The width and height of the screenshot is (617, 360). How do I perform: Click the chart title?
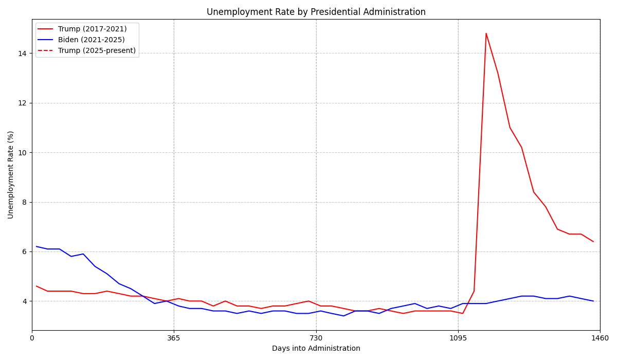tap(316, 12)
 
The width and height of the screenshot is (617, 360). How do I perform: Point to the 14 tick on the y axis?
tap(23, 53)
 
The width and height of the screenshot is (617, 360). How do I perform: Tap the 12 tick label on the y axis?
tap(23, 103)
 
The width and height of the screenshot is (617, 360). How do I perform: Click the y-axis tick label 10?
tap(23, 153)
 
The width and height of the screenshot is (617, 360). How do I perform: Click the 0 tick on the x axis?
tap(32, 338)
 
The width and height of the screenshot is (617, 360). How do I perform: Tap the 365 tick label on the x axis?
tap(174, 338)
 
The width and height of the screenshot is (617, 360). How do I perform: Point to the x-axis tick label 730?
tap(316, 338)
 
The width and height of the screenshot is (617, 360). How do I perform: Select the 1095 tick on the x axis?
tap(458, 338)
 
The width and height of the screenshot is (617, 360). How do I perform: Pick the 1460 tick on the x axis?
tap(600, 338)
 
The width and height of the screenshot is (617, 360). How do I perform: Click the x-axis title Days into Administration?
tap(316, 349)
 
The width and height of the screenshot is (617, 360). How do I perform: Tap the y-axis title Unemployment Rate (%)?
tap(11, 175)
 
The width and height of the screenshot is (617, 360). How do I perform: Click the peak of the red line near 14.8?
tap(486, 33)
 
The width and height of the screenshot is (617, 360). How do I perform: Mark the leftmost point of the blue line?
tap(36, 246)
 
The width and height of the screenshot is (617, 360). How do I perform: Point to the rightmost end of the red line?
tap(593, 242)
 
